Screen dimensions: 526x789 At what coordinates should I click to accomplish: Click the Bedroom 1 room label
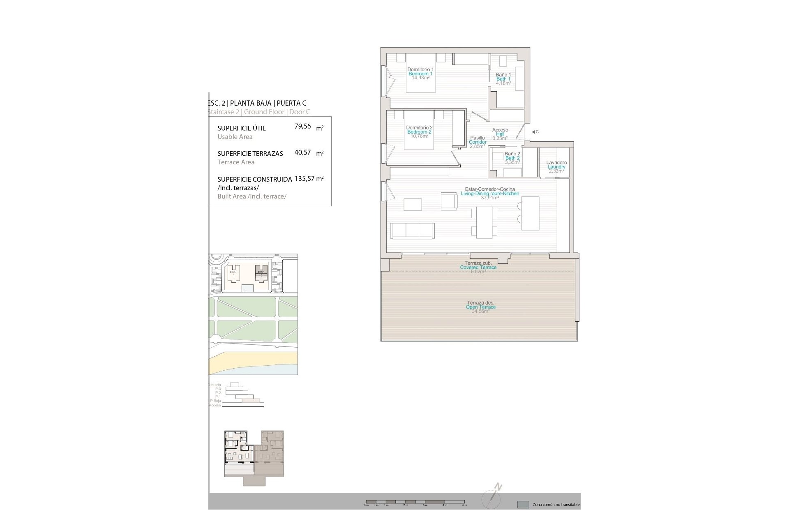pyautogui.click(x=420, y=74)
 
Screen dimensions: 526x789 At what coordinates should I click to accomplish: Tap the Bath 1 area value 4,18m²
pyautogui.click(x=503, y=83)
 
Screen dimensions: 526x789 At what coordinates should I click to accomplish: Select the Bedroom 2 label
pyautogui.click(x=419, y=132)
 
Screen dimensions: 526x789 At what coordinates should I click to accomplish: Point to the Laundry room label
pyautogui.click(x=556, y=167)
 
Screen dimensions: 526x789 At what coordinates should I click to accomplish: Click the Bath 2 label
pyautogui.click(x=512, y=158)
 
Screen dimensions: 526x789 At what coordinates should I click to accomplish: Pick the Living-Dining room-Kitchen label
pyautogui.click(x=490, y=194)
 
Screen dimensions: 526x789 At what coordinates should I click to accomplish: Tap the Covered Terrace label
pyautogui.click(x=478, y=268)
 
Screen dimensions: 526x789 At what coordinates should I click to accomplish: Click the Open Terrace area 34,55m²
pyautogui.click(x=480, y=311)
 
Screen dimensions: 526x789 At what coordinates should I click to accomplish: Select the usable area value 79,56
pyautogui.click(x=302, y=127)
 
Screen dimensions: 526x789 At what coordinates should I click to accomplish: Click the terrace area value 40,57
pyautogui.click(x=302, y=152)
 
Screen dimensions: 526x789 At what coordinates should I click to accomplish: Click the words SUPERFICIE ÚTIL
pyautogui.click(x=241, y=128)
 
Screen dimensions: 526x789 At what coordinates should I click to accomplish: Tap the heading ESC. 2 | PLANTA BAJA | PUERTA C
pyautogui.click(x=257, y=103)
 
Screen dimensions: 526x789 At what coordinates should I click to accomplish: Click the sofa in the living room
pyautogui.click(x=412, y=231)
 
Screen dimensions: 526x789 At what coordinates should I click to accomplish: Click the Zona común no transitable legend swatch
pyautogui.click(x=523, y=505)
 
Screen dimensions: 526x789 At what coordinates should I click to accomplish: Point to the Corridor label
pyautogui.click(x=478, y=142)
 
